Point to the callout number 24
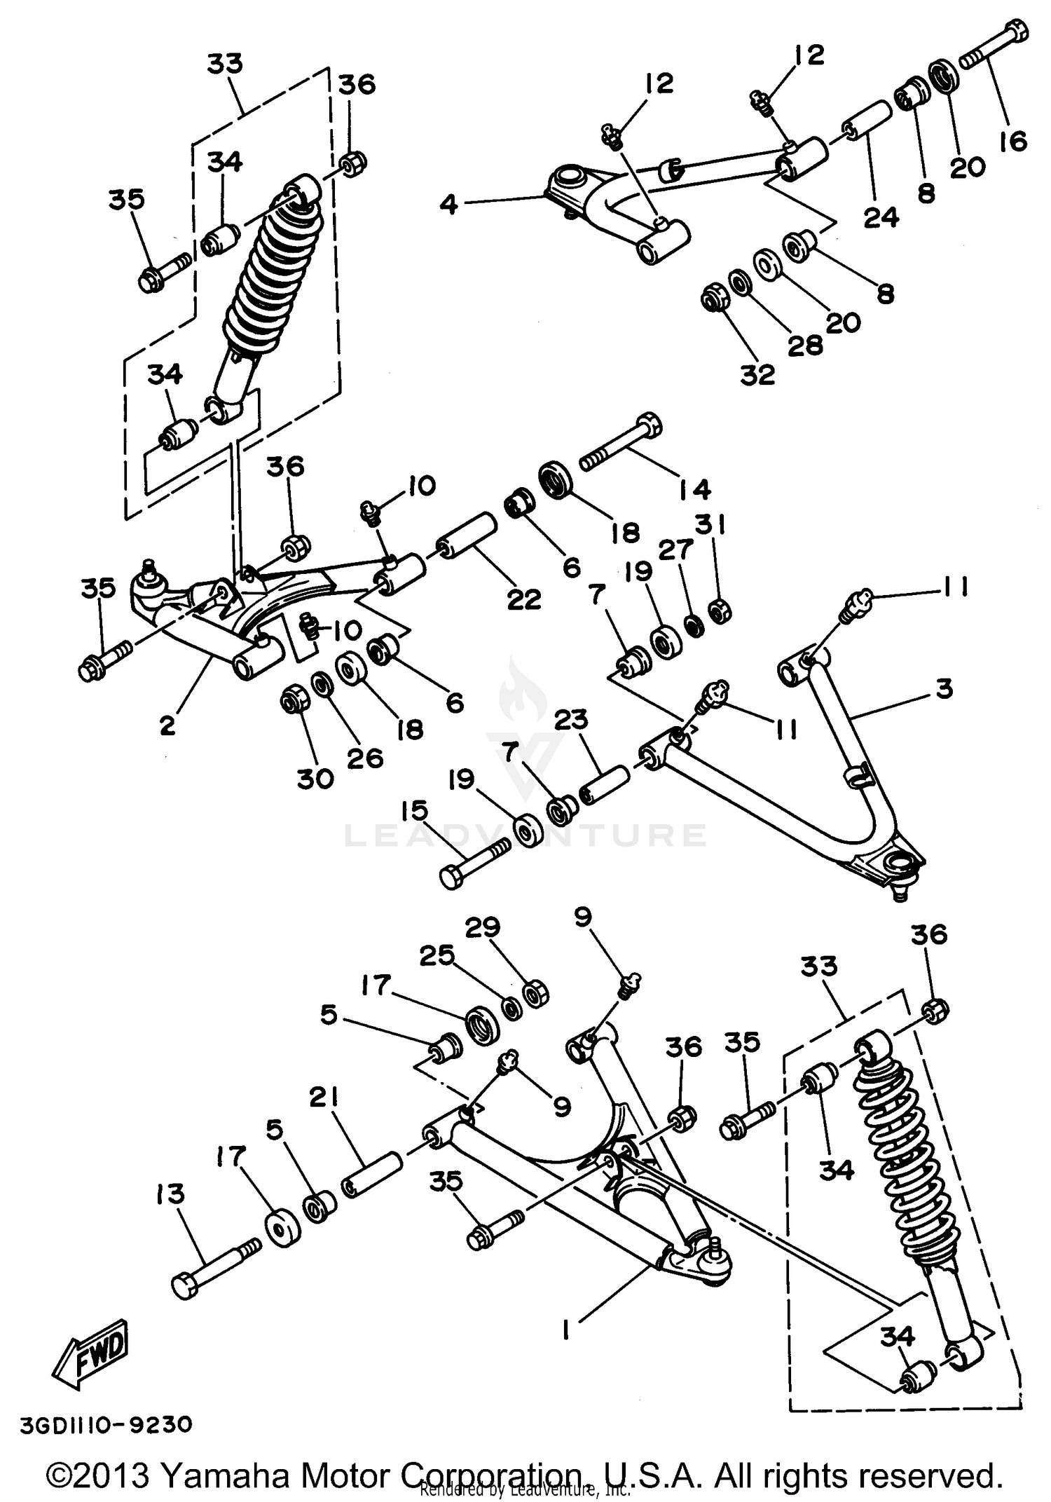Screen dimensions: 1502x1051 click(880, 217)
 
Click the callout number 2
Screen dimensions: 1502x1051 click(167, 725)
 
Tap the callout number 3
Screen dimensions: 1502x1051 click(944, 688)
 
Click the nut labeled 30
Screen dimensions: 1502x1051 click(293, 700)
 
